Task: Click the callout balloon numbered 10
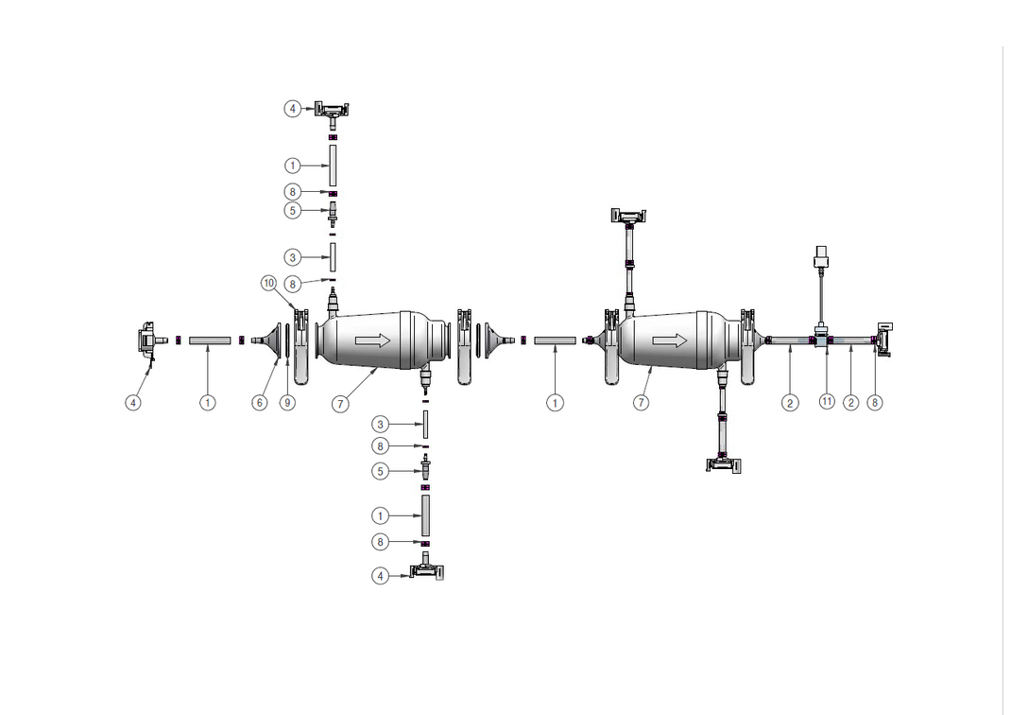(x=268, y=283)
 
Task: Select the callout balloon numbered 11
(x=827, y=402)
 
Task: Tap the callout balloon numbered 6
(x=260, y=402)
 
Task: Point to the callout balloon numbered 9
(x=287, y=402)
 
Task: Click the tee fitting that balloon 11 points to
(x=823, y=338)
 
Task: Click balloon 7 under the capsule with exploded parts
(x=340, y=404)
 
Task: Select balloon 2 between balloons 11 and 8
(x=851, y=402)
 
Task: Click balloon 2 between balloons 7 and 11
(x=790, y=402)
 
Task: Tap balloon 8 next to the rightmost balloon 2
(x=876, y=402)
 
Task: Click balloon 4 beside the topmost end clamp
(x=293, y=109)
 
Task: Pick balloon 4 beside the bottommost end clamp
(x=381, y=575)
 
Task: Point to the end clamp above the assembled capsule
(x=628, y=217)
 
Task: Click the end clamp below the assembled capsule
(x=725, y=462)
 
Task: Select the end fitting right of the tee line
(x=884, y=339)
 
